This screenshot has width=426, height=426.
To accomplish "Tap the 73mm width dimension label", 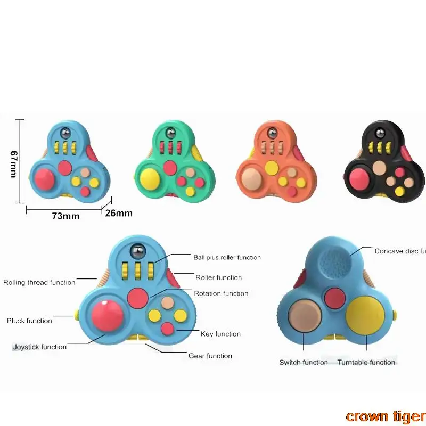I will (x=66, y=216).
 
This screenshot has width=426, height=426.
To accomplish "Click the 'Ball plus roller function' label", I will (x=227, y=257).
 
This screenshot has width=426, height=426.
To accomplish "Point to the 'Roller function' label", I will (x=218, y=277).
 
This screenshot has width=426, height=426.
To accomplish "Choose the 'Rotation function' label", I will (x=221, y=293).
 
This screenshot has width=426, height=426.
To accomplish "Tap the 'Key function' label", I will (x=220, y=334).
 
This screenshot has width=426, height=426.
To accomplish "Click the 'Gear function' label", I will (x=210, y=356).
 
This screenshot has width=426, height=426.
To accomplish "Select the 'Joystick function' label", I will (x=40, y=347).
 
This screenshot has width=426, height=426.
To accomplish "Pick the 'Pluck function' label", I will (x=29, y=321).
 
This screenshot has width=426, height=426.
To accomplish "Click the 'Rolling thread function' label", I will (x=39, y=282).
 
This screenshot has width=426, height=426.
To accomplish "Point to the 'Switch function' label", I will (x=304, y=362).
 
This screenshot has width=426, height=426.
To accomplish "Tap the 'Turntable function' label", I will (x=366, y=362).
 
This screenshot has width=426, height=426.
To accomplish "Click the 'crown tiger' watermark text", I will (x=385, y=416).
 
